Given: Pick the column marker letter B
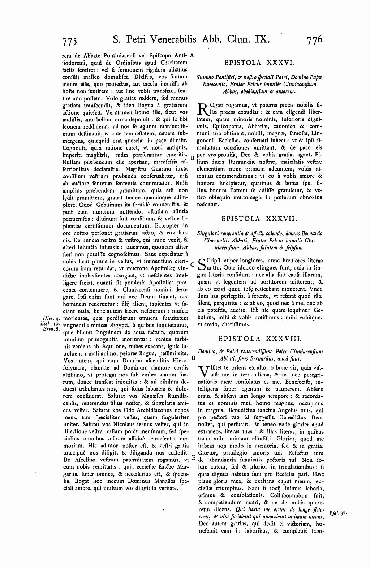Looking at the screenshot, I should [192, 158].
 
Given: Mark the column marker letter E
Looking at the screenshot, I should [193, 457].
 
